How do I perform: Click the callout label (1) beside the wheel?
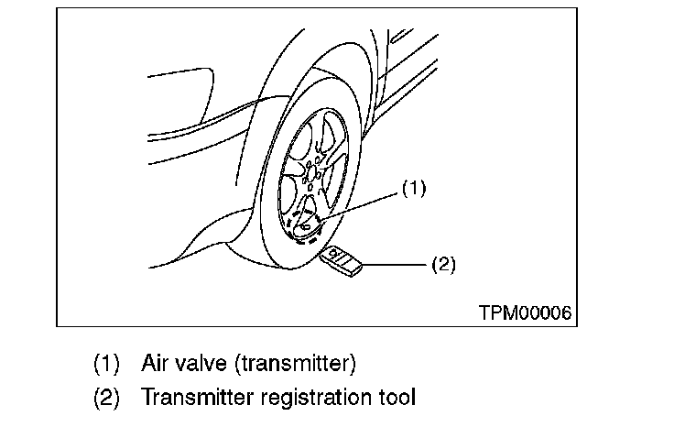click(x=414, y=190)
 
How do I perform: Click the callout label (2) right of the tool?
click(x=442, y=265)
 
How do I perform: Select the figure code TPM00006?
click(x=525, y=312)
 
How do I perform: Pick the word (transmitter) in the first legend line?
click(x=295, y=363)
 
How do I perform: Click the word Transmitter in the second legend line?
click(x=189, y=397)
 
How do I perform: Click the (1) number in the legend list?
click(x=106, y=363)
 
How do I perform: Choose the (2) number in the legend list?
click(x=106, y=397)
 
